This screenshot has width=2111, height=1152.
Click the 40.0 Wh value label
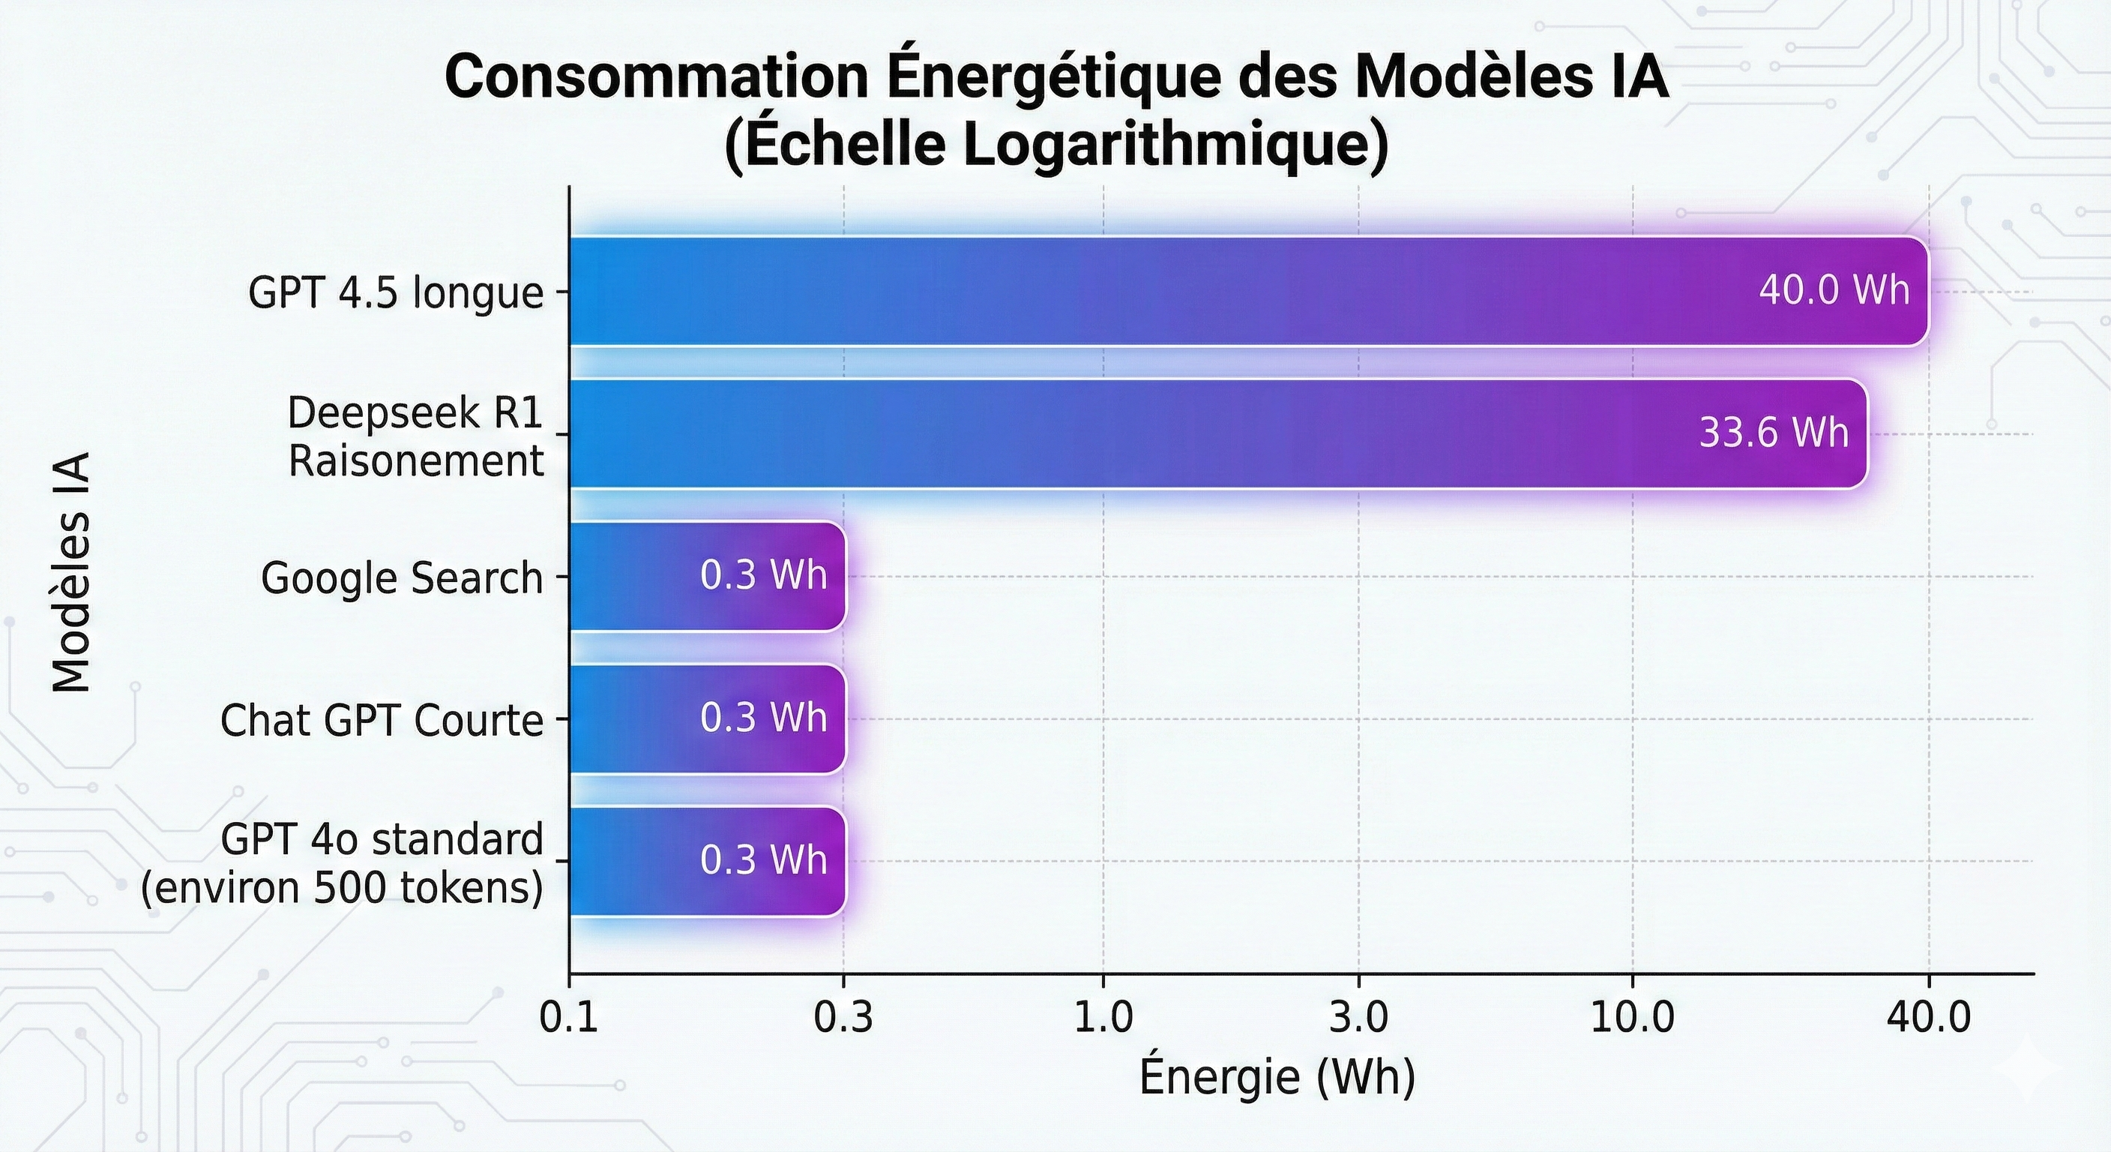click(x=1834, y=291)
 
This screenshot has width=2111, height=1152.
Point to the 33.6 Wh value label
click(x=1774, y=433)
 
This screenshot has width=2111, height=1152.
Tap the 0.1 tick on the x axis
click(x=570, y=1018)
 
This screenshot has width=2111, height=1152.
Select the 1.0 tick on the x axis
click(x=1103, y=1018)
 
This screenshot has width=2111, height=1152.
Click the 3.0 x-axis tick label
click(x=1358, y=1018)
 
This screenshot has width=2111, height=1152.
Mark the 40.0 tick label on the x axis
click(x=1928, y=1018)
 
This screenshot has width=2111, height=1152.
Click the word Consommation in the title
click(x=657, y=78)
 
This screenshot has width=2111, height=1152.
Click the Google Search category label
click(x=402, y=578)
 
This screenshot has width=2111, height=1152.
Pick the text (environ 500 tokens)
click(x=342, y=888)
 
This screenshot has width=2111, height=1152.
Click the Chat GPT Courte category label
click(x=381, y=721)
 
